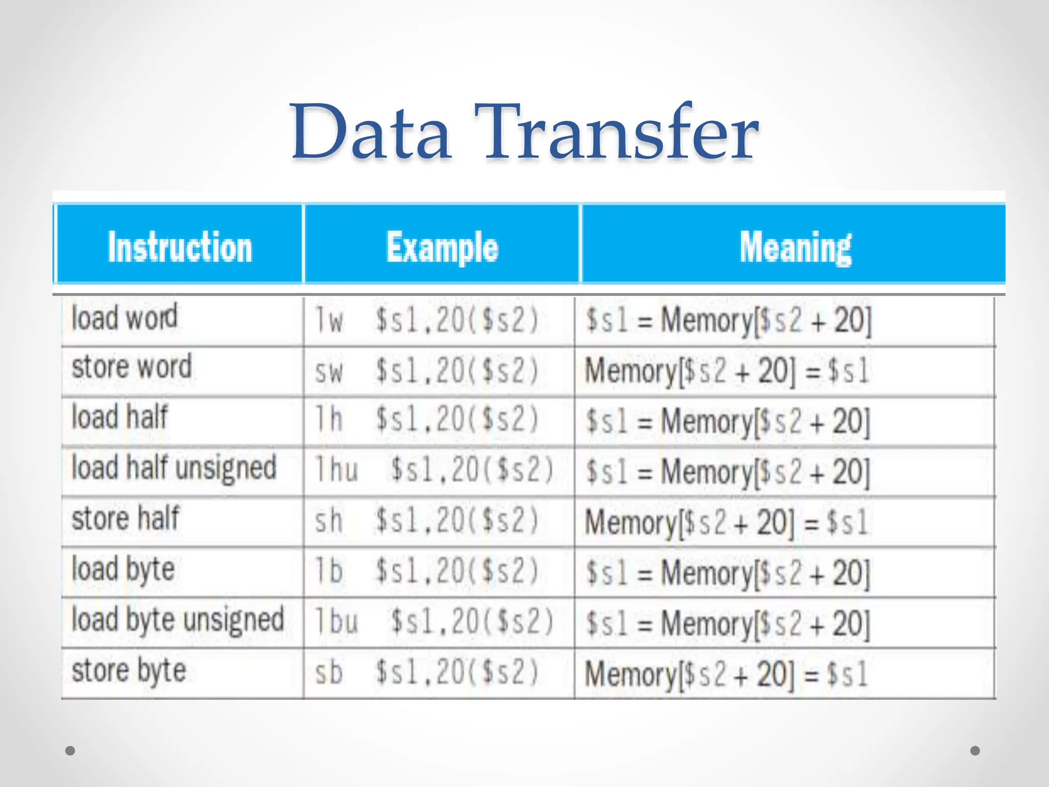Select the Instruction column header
pos(180,247)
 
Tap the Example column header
pos(442,247)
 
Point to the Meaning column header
pos(795,247)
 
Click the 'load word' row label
pos(124,318)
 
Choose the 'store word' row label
pos(132,367)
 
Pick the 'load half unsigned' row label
pos(174,468)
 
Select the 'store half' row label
pos(125,519)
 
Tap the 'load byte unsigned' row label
pos(178,619)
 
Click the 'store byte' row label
pos(129,670)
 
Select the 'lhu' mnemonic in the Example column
pos(337,470)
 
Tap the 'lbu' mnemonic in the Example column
pos(337,622)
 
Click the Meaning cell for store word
pos(727,371)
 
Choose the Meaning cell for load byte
pos(728,573)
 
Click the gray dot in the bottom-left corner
pos(71,751)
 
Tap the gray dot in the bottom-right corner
pos(975,751)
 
